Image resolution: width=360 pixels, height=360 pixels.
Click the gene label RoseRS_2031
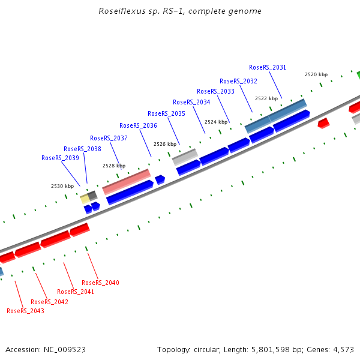tap(268, 67)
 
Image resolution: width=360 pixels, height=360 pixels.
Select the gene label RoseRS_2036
tap(138, 125)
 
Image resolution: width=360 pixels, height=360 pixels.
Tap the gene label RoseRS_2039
tap(60, 158)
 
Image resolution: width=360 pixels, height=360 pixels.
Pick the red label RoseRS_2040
tap(100, 283)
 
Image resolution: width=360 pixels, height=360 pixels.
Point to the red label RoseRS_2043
tap(25, 311)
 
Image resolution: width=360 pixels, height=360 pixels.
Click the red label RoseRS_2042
tap(49, 302)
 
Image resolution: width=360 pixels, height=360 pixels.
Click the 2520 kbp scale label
tap(316, 74)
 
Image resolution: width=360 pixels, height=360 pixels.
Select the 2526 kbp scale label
tap(165, 144)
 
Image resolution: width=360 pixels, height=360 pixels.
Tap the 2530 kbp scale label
tap(62, 186)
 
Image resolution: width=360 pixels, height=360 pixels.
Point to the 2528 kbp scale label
tap(113, 166)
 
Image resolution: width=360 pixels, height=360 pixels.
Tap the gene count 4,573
tap(343, 349)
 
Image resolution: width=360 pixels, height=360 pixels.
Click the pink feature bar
tap(126, 181)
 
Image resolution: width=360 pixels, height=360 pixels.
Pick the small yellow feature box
tap(85, 199)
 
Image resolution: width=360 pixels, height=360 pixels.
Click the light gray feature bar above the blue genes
tap(185, 157)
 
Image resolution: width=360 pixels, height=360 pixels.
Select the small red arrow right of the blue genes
tap(323, 123)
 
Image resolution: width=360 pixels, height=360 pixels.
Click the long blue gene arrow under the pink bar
tap(130, 192)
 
